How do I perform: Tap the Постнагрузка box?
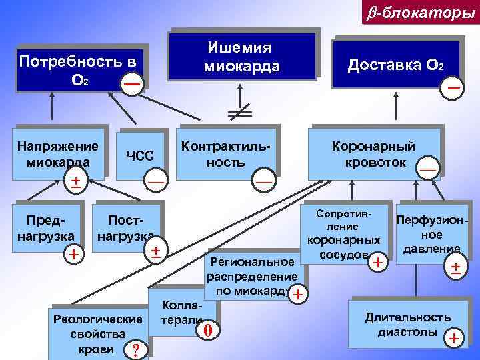click(x=127, y=227)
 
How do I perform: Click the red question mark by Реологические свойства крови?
click(x=135, y=349)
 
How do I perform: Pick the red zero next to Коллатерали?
click(x=208, y=329)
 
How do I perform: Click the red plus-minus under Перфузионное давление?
click(x=455, y=268)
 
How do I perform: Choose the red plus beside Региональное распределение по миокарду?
click(x=297, y=294)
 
